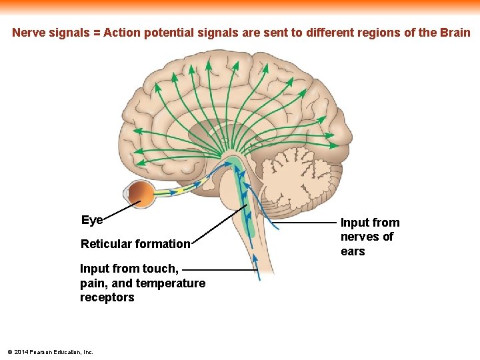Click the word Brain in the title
click(x=454, y=33)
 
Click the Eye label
click(x=91, y=221)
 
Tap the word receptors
click(x=107, y=297)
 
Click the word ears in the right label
click(x=353, y=251)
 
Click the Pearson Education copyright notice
click(x=50, y=352)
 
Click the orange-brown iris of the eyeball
click(x=140, y=194)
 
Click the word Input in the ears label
click(x=355, y=223)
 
